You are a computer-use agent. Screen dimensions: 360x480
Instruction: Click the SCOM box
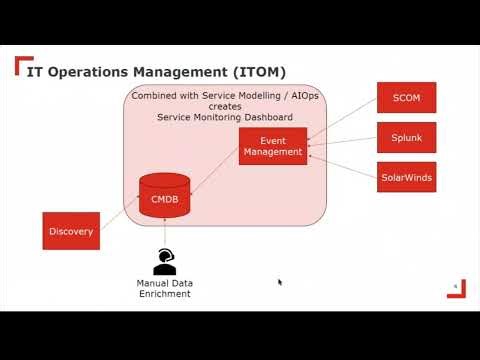405,97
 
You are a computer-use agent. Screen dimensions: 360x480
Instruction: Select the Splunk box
405,137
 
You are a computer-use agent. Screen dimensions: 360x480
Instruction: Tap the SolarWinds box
405,177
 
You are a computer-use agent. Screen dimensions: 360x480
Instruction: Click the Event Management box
272,146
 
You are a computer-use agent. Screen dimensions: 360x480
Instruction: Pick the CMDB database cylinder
164,197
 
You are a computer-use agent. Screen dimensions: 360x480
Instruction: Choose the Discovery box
71,231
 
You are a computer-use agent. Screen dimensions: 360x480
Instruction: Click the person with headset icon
164,262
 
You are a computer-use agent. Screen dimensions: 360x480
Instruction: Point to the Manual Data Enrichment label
164,289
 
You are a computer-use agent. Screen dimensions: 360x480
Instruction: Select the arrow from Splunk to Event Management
341,143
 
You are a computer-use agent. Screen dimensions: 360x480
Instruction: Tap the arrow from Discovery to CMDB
119,221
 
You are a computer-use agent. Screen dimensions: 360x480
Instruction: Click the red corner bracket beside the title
21,66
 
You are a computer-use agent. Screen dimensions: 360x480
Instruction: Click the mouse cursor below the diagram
280,282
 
